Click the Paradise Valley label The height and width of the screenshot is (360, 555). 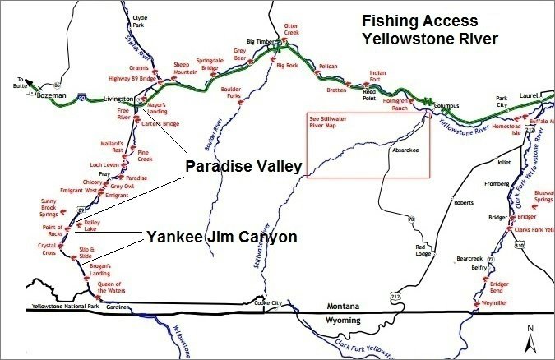243,168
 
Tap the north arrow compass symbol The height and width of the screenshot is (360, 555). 531,338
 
